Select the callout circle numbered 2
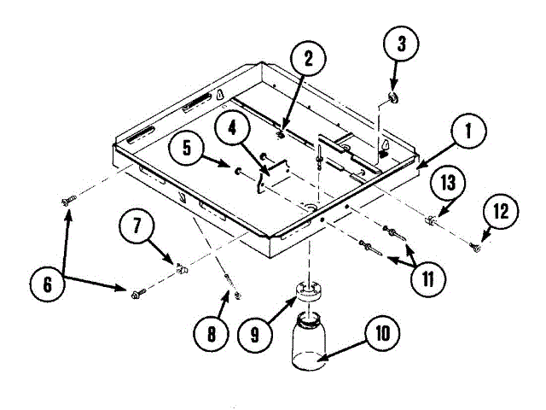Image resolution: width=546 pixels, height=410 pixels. pos(309,57)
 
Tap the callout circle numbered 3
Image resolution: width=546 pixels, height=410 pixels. pos(401,42)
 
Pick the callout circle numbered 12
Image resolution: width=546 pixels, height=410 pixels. pos(502,211)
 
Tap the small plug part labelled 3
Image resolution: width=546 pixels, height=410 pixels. pos(393,98)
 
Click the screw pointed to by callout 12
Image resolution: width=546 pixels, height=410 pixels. pos(475,248)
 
